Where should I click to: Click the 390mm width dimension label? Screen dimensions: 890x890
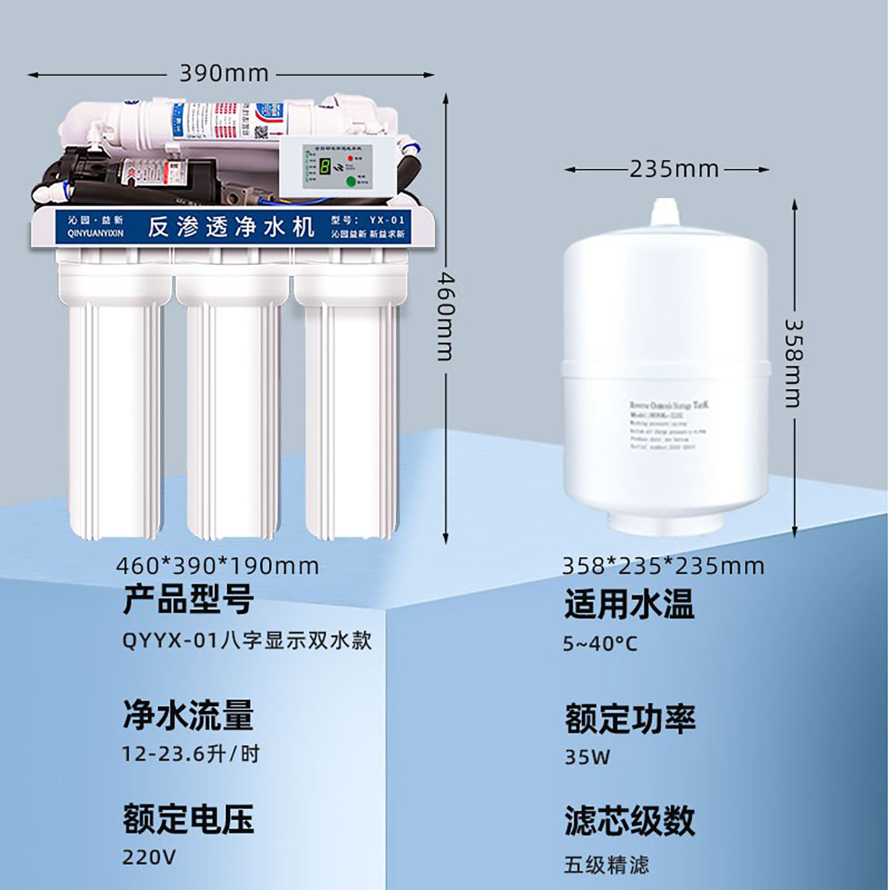[x=224, y=74]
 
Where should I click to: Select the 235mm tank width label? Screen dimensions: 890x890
[x=674, y=169]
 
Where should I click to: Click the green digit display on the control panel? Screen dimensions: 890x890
[x=324, y=166]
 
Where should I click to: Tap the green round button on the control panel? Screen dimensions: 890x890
[x=351, y=181]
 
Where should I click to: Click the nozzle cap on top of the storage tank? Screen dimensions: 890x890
[x=664, y=212]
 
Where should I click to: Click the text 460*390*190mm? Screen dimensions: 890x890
[x=218, y=566]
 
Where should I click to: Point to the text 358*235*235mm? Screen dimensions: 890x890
[x=663, y=566]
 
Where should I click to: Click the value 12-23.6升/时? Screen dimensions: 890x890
[x=190, y=754]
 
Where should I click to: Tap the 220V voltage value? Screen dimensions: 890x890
[x=149, y=857]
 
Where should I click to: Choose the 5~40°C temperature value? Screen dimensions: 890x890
[x=600, y=644]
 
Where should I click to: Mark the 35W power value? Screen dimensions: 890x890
[x=587, y=756]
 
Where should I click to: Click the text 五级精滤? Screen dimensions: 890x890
[x=606, y=864]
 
